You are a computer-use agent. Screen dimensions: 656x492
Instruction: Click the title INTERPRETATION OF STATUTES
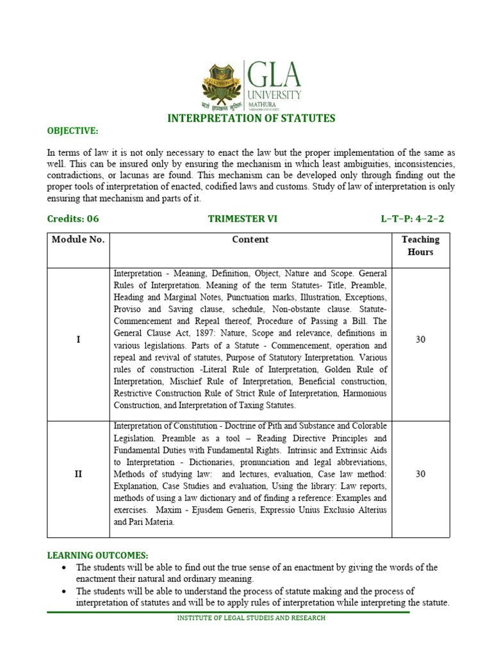tap(251, 118)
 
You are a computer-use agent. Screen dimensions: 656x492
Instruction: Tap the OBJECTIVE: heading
tap(72, 131)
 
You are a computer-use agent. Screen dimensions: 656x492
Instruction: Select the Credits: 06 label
tap(73, 218)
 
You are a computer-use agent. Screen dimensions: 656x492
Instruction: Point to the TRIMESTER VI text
tap(243, 218)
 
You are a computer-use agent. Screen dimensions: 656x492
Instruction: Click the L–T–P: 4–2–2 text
tap(412, 218)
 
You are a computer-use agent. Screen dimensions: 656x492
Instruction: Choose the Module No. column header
tap(78, 240)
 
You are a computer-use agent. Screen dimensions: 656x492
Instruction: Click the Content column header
tap(250, 240)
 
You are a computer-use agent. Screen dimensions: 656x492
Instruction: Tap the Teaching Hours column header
tap(420, 245)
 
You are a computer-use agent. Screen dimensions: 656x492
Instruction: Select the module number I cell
tap(78, 340)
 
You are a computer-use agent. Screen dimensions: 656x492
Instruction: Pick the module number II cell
tap(78, 474)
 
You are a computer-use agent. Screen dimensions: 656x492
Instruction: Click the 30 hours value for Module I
tap(420, 340)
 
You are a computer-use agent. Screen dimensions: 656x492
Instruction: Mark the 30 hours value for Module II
tap(420, 474)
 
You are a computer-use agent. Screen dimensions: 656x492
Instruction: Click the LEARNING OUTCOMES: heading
tap(98, 555)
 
